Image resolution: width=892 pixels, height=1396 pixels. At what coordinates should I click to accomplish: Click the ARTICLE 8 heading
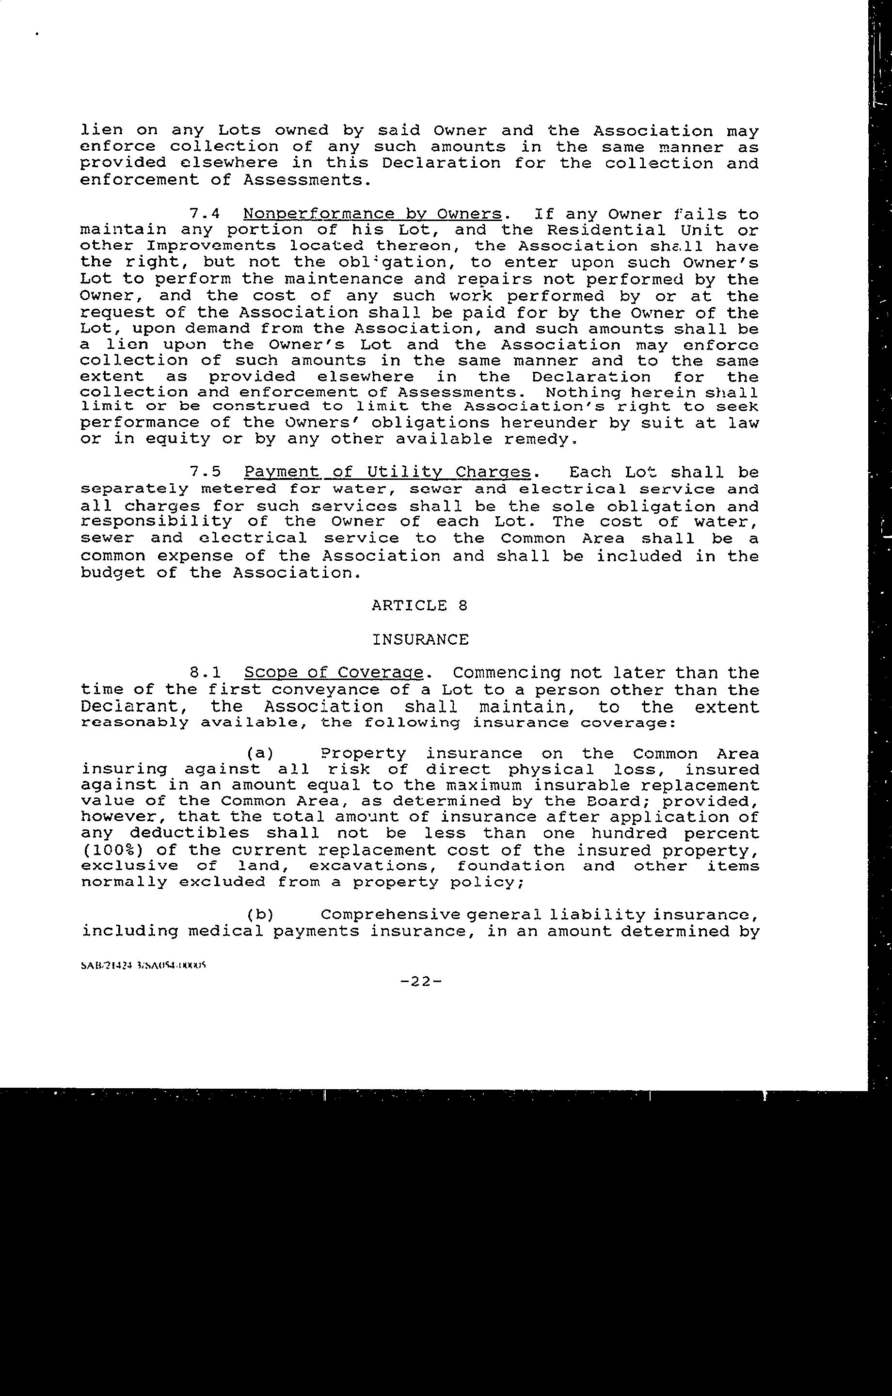[x=419, y=606]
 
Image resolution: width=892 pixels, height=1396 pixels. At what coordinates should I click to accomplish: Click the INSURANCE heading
[x=420, y=639]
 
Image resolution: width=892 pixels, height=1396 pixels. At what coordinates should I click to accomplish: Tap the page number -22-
[x=420, y=982]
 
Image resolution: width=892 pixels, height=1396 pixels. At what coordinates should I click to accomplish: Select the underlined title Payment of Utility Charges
[x=387, y=472]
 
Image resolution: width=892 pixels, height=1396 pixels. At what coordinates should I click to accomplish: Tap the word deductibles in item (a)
[x=189, y=834]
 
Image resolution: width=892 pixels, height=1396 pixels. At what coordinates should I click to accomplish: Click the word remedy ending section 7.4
[x=540, y=439]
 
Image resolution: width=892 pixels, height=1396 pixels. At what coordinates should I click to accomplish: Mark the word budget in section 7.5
[x=112, y=573]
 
